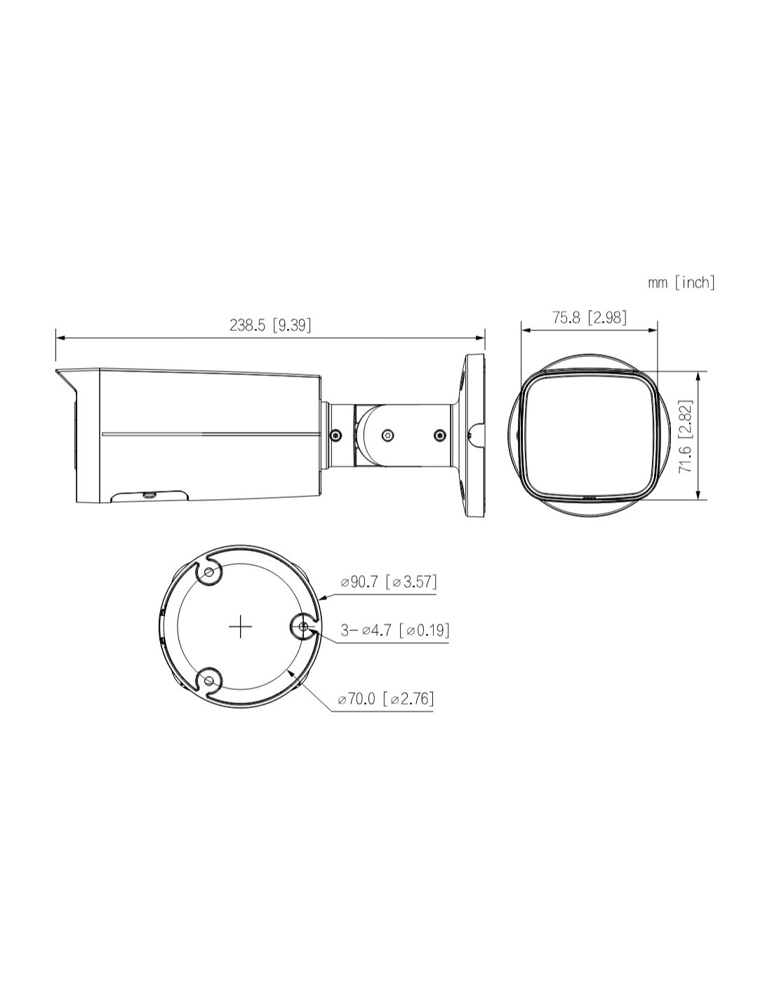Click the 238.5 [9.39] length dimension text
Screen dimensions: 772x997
point(270,325)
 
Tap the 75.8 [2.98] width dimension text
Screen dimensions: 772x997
point(590,317)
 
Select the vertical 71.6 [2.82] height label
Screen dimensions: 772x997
point(685,436)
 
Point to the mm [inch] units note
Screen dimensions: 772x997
point(681,283)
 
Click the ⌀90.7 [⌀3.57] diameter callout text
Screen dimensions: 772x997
point(389,582)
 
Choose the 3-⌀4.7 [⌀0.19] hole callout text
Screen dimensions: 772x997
point(394,630)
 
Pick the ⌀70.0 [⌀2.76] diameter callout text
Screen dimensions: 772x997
point(385,712)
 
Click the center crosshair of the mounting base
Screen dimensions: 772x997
point(240,627)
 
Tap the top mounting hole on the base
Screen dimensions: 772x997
point(209,573)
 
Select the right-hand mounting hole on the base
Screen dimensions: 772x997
point(303,627)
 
